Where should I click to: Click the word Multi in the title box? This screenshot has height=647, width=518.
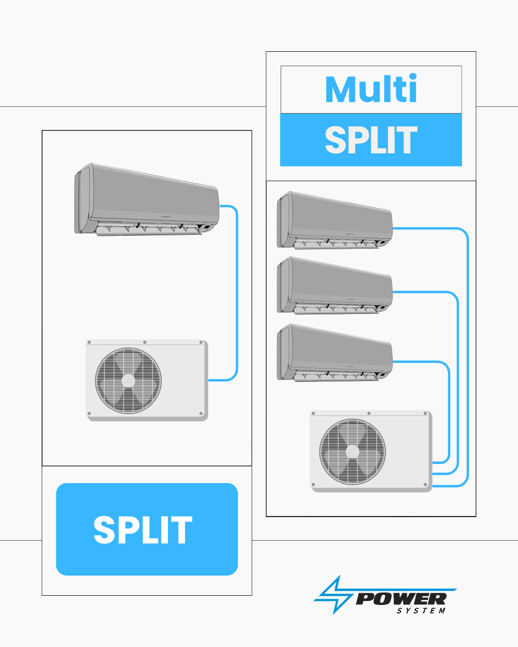click(x=371, y=90)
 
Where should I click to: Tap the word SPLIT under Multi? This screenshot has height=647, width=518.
click(x=371, y=140)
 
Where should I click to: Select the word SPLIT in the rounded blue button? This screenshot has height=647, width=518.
click(x=143, y=530)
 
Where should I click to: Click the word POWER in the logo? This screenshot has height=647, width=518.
click(x=401, y=599)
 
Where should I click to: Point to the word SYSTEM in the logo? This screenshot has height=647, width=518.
click(x=421, y=611)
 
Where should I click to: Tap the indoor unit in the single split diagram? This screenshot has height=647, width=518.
click(x=147, y=199)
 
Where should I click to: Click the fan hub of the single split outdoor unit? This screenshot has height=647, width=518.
click(x=128, y=381)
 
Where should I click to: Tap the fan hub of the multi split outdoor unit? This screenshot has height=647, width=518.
click(x=353, y=451)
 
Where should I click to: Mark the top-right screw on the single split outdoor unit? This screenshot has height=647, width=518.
click(x=201, y=342)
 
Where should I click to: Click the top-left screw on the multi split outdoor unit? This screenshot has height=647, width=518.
click(x=313, y=413)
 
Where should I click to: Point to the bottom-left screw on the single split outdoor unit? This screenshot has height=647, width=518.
click(x=89, y=414)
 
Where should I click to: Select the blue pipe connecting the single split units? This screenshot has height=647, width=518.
click(x=237, y=292)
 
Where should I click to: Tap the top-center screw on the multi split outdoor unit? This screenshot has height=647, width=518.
click(x=369, y=413)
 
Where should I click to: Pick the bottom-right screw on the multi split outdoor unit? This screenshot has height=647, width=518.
click(x=425, y=485)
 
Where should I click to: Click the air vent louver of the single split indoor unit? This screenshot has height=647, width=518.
click(x=149, y=230)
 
